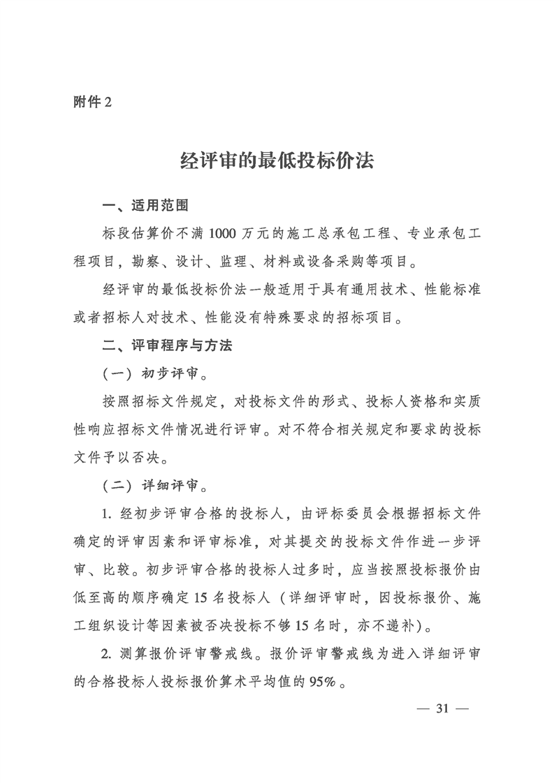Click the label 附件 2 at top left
coord(92,101)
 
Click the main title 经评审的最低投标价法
coord(277,161)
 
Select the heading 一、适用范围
coord(145,207)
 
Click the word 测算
coord(135,654)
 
